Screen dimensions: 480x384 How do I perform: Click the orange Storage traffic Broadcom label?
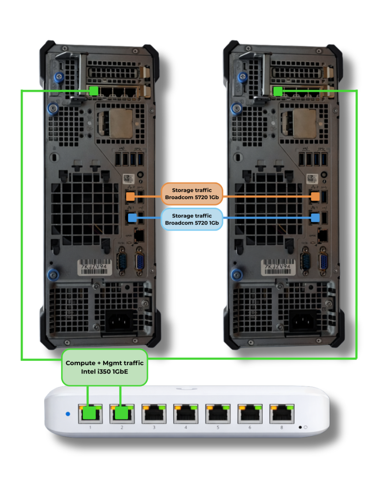tap(192, 194)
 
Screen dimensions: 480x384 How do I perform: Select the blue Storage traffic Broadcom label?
tap(192, 219)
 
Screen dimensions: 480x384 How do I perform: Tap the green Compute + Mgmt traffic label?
tap(105, 367)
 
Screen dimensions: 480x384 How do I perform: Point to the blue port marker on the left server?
tap(132, 217)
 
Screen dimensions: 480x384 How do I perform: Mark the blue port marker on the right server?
tap(316, 217)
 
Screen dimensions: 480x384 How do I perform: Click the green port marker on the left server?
tap(94, 90)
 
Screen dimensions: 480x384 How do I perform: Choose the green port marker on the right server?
tap(278, 91)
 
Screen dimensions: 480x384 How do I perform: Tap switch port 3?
tap(153, 413)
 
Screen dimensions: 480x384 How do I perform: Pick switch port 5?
tap(217, 413)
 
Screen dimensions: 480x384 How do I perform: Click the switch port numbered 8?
tap(281, 413)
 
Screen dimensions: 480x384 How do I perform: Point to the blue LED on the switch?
tap(68, 414)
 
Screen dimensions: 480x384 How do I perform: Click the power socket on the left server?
tap(119, 322)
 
